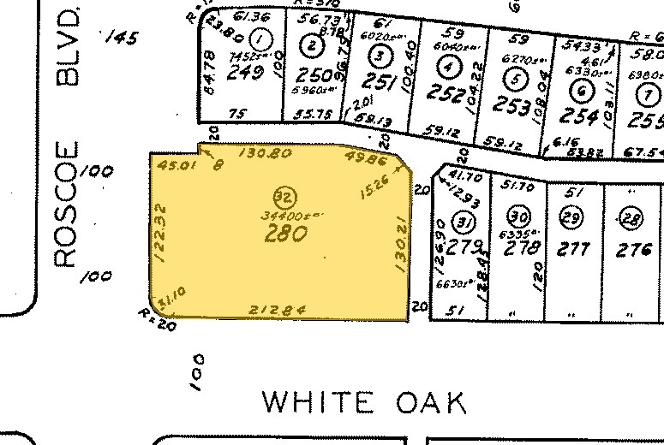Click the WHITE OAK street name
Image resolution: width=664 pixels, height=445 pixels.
[x=364, y=403]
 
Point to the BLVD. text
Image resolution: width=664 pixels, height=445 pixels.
[x=68, y=48]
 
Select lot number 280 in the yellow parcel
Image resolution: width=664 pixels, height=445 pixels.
[x=285, y=233]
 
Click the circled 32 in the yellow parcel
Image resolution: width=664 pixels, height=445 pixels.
[x=280, y=193]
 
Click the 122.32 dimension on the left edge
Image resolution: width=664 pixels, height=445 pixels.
[x=159, y=231]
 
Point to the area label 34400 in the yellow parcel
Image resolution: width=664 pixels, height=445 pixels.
[x=284, y=214]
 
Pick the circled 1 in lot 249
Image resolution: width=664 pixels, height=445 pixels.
[x=263, y=38]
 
